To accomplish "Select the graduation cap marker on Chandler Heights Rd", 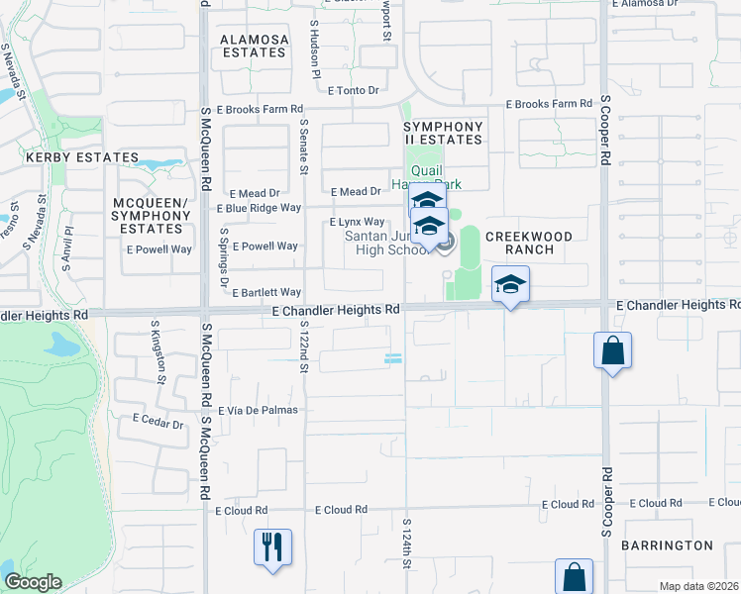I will click(510, 284).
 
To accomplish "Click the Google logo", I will click(32, 582).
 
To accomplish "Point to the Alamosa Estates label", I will click(255, 46).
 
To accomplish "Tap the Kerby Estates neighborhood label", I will click(82, 157).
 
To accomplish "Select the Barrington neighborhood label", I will click(667, 545).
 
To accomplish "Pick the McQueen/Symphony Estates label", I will click(148, 216).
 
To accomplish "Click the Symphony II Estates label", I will click(443, 133).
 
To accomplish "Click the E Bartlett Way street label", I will click(267, 292).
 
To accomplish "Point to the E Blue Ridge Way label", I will click(259, 208).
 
